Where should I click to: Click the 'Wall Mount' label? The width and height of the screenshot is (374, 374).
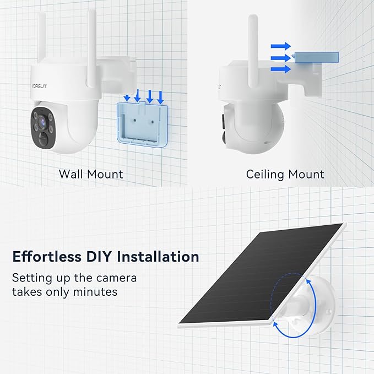[91, 175]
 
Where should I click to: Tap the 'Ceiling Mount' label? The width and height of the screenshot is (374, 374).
[285, 175]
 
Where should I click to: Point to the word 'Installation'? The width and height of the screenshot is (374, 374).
[162, 257]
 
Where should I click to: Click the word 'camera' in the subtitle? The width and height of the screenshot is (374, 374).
[115, 278]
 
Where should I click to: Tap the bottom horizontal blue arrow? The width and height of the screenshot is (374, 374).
[281, 68]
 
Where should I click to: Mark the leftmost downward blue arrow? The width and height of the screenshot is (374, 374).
[127, 98]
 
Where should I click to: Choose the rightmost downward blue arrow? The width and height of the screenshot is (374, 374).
[160, 97]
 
